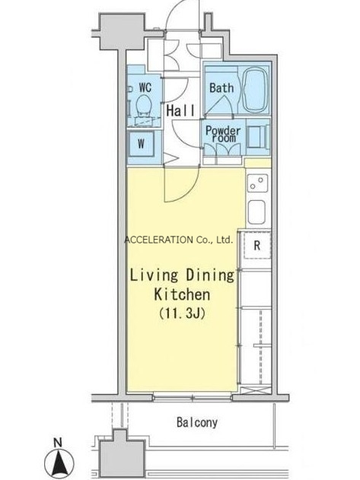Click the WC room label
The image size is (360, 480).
click(x=145, y=87)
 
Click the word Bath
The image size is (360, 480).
click(x=221, y=87)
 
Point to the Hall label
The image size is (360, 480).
click(x=180, y=110)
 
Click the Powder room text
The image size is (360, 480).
click(x=223, y=134)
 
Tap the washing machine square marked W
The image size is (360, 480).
click(x=142, y=144)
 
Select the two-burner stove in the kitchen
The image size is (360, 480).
click(x=257, y=183)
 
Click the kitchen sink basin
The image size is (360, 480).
click(x=256, y=211)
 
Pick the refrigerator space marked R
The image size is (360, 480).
click(x=257, y=245)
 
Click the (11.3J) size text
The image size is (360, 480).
click(x=182, y=313)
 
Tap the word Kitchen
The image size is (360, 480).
click(x=182, y=294)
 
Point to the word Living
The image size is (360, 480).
click(x=154, y=275)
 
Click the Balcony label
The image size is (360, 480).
click(x=197, y=422)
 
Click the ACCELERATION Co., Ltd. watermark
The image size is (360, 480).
click(x=179, y=240)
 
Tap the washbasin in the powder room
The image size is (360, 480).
click(x=256, y=137)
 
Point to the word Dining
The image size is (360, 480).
click(x=210, y=275)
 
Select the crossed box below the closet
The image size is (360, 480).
click(x=256, y=390)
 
